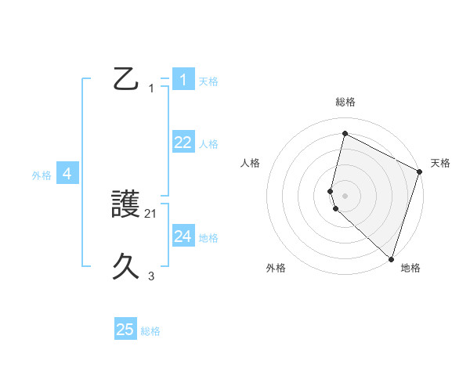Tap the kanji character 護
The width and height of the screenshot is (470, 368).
126,206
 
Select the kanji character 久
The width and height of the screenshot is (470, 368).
126,267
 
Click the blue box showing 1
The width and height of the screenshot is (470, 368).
183,80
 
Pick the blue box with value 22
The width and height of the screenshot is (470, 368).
183,143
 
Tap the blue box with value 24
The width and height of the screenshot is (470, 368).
183,236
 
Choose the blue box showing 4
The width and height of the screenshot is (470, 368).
67,175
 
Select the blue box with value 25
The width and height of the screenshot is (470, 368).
125,330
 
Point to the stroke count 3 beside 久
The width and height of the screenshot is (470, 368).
151,276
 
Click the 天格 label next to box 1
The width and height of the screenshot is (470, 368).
208,81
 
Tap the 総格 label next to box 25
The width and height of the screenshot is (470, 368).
150,331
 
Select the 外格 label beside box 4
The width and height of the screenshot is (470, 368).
42,176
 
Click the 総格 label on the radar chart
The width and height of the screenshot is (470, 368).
345,103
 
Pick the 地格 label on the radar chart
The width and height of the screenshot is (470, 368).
410,269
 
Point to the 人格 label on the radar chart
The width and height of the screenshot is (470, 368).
251,163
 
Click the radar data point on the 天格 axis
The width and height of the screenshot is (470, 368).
420,171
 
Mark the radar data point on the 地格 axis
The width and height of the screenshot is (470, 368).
391,258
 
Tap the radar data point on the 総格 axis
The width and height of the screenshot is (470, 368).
345,134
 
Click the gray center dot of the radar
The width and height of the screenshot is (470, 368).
345,195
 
